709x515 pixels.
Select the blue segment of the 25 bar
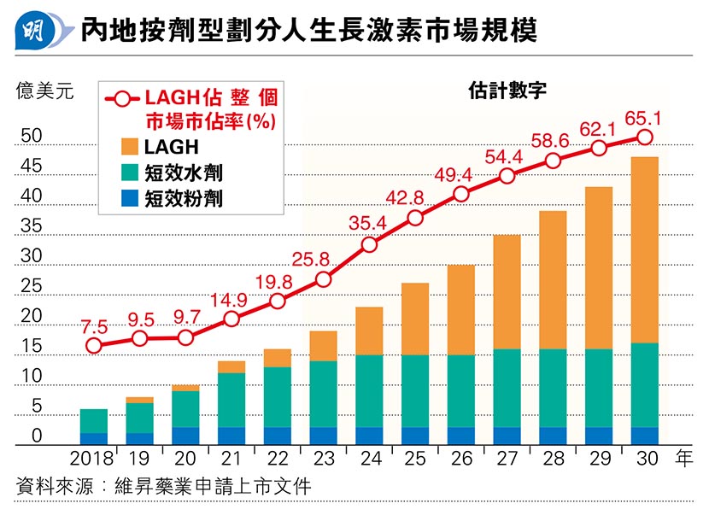pyautogui.click(x=415, y=436)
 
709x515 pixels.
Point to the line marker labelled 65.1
pyautogui.click(x=645, y=137)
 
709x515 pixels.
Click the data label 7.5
pyautogui.click(x=94, y=325)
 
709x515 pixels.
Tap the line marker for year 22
pyautogui.click(x=278, y=301)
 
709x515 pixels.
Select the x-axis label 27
pyautogui.click(x=507, y=459)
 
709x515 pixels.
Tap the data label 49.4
pyautogui.click(x=460, y=175)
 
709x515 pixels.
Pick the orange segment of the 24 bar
pyautogui.click(x=369, y=331)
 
